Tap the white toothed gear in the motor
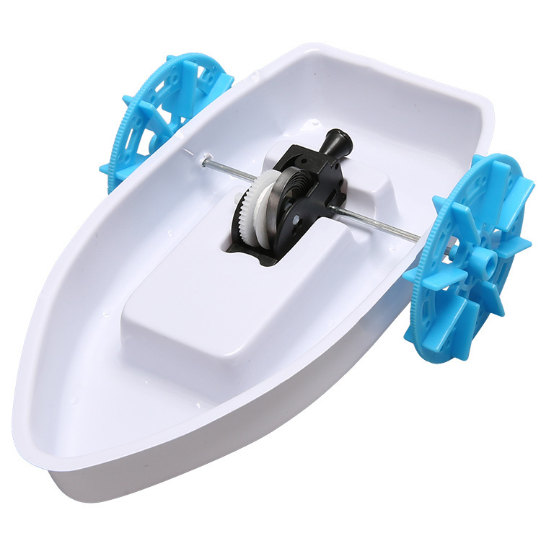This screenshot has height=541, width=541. coord(254,205)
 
